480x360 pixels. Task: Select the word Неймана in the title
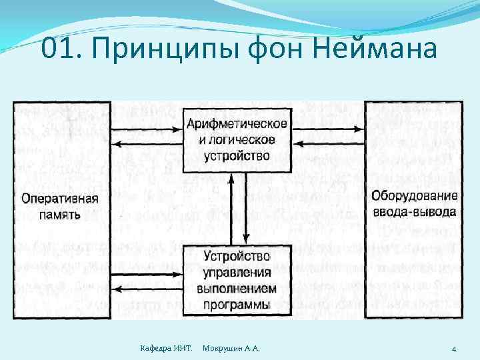377,49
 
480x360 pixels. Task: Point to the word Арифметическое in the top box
237,124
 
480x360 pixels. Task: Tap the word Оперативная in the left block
60,198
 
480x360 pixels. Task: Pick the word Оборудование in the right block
414,196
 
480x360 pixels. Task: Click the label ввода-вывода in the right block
414,212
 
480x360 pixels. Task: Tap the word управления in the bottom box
237,272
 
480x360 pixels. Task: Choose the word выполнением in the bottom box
237,288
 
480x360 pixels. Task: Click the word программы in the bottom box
237,305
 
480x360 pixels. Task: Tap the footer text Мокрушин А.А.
231,349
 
